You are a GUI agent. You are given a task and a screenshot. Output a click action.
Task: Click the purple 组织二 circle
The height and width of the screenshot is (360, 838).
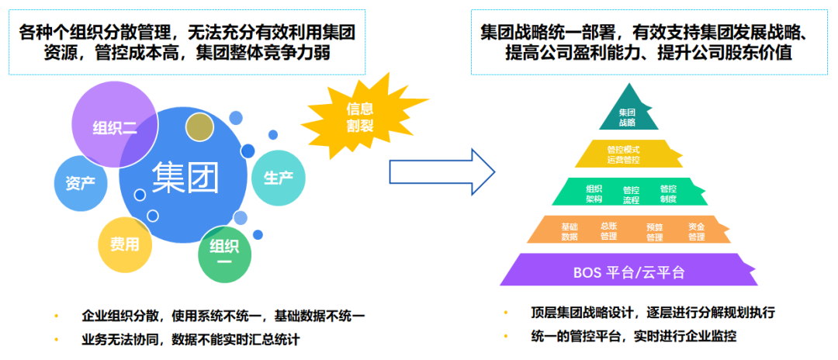pyautogui.click(x=109, y=124)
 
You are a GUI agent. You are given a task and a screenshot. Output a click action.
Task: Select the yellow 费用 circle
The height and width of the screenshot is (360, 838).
pyautogui.click(x=124, y=244)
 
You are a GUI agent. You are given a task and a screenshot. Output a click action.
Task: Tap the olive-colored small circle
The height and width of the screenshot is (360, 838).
pyautogui.click(x=199, y=127)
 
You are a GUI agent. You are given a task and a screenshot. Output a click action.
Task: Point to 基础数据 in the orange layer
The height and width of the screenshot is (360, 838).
pyautogui.click(x=570, y=231)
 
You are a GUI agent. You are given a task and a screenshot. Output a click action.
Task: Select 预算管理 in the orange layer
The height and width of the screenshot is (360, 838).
pyautogui.click(x=655, y=231)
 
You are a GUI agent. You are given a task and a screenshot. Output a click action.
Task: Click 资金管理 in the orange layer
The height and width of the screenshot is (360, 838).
pyautogui.click(x=696, y=231)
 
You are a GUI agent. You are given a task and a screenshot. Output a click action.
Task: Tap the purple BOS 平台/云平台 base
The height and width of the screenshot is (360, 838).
pyautogui.click(x=628, y=272)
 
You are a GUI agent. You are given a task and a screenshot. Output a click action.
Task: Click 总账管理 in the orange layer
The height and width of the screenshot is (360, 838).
pyautogui.click(x=609, y=231)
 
